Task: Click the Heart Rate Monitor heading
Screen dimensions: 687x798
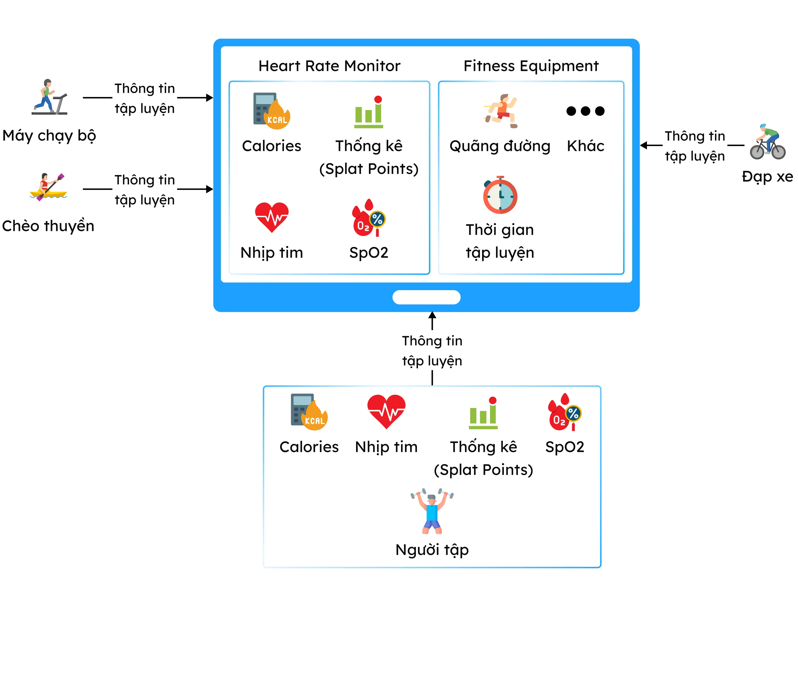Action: [x=329, y=66]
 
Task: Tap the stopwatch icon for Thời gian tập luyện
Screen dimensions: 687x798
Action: [x=500, y=195]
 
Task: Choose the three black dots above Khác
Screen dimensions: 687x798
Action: [x=585, y=111]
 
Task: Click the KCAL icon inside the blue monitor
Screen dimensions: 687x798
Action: [x=272, y=111]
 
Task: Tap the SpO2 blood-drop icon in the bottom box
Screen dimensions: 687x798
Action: [x=565, y=412]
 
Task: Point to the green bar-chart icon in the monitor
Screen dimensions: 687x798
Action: [x=369, y=112]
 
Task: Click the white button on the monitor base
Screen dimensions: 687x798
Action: [x=426, y=297]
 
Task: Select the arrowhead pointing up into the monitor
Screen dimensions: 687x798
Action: [x=432, y=315]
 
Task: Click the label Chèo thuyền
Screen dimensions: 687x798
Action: [x=48, y=226]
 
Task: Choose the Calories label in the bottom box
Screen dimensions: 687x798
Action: [x=309, y=447]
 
